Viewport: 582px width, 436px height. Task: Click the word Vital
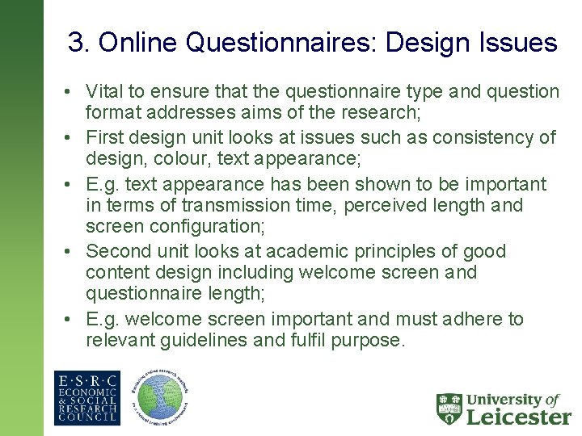104,92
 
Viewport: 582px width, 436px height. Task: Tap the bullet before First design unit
73,138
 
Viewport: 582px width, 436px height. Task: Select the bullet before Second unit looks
73,251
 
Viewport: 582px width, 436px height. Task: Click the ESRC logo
86,397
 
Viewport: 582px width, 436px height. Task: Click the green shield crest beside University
449,409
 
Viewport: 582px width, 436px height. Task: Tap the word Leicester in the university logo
518,417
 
